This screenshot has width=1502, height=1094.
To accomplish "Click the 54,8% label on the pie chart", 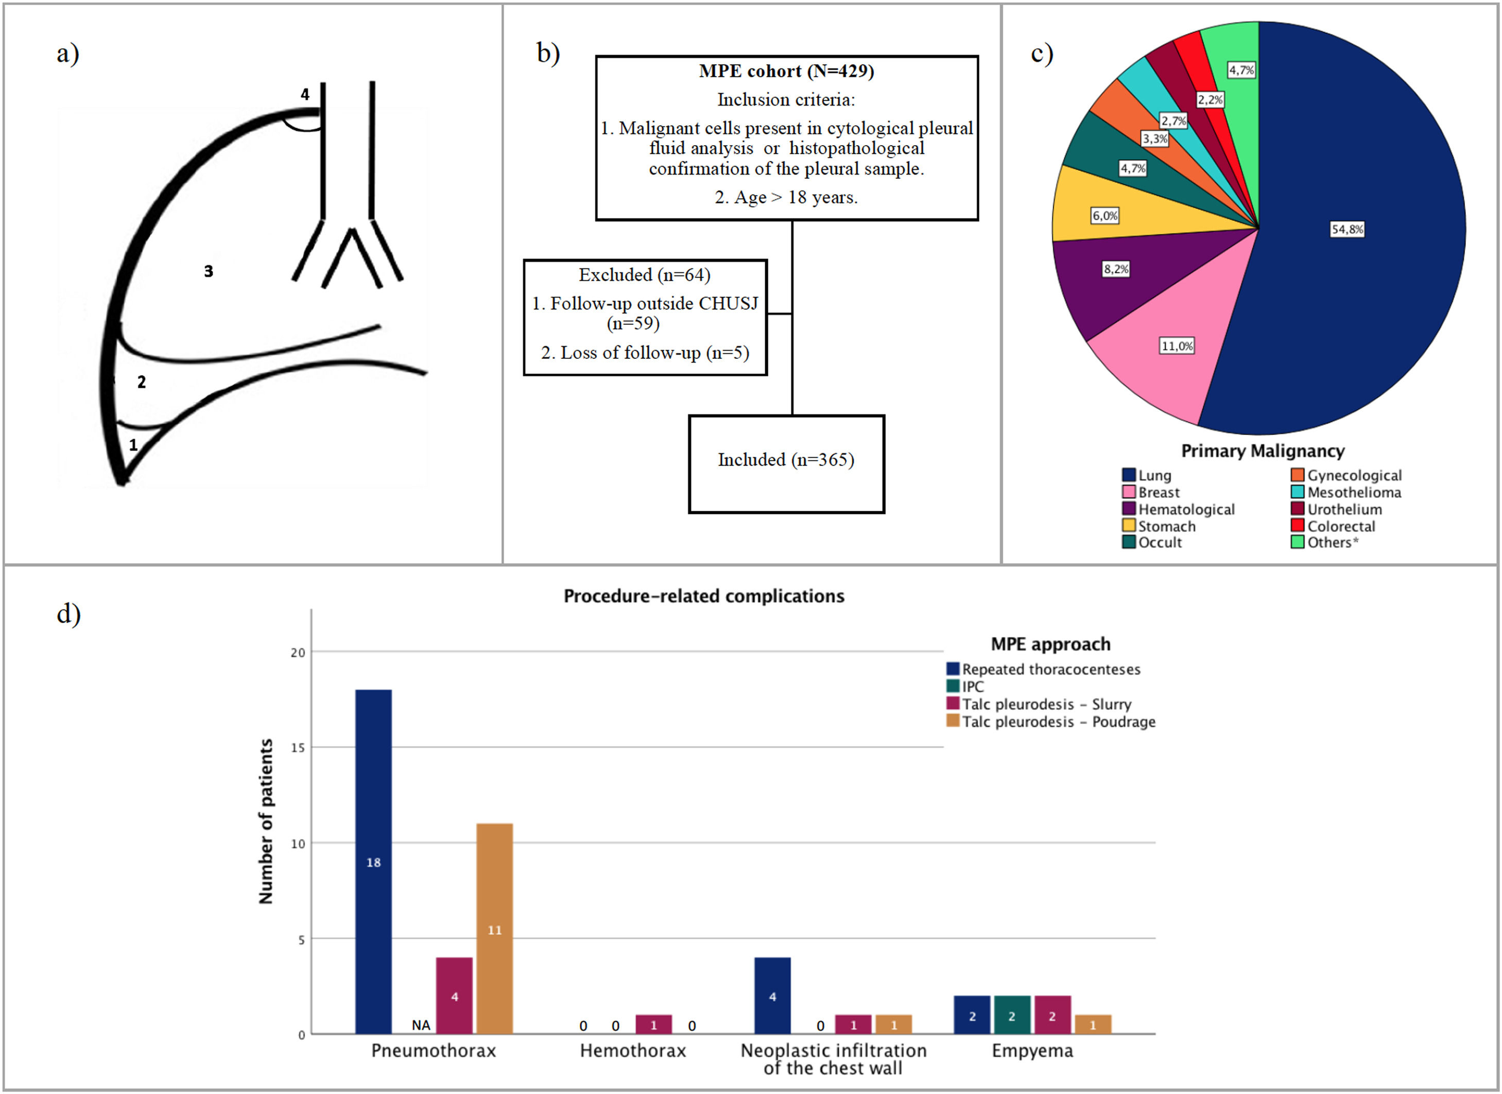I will pos(1347,229).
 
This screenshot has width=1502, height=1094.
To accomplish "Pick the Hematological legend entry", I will pos(1185,509).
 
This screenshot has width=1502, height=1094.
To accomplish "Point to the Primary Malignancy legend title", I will pos(1262,451).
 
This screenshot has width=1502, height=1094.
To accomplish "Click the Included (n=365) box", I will pos(786,463).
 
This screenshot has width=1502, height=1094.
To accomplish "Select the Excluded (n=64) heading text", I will pos(644,275).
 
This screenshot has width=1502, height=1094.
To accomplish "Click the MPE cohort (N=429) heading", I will pos(786,71).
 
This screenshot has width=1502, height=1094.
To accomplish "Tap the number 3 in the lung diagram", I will pos(209,271).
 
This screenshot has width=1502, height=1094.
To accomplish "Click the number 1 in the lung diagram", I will pos(133,445).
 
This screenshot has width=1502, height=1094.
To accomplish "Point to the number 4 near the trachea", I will pos(305,94).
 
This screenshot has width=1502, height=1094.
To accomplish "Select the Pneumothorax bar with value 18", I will pos(373,861).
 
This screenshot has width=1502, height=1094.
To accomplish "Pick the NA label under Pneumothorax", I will pos(421,1025).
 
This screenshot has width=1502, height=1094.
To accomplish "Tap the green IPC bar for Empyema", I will pos(1011,1015).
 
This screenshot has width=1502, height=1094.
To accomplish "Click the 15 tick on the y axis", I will pos(298,748).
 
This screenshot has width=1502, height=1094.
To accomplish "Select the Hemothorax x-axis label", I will pos(632,1051).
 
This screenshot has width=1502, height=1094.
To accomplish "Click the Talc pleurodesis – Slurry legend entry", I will pos(1046,704).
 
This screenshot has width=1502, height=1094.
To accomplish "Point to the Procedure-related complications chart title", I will pos(703,596).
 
